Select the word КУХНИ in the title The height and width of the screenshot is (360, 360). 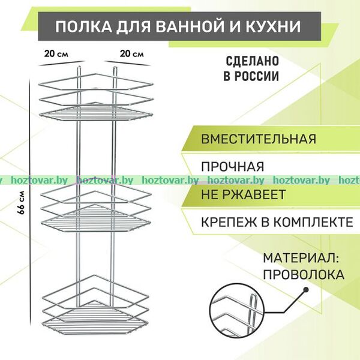coord(274,26)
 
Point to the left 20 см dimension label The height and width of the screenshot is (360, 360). coord(56,54)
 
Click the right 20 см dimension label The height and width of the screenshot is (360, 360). coord(132,54)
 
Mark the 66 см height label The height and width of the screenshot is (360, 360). coord(21,203)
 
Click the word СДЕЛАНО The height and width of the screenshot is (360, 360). coord(253,61)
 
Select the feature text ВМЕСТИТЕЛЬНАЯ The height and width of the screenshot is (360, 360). coord(259,139)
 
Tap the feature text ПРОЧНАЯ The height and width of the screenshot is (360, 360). coord(233,167)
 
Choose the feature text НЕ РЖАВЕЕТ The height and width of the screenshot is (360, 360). coord(243,194)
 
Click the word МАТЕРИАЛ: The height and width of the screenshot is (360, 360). coord(301,258)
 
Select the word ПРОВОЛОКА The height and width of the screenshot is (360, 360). coord(304,275)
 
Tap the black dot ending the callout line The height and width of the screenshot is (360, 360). coord(305,290)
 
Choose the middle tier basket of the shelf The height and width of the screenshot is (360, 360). coord(96,208)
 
